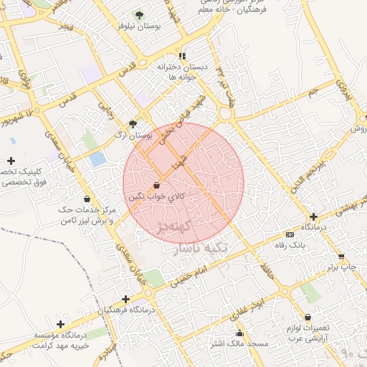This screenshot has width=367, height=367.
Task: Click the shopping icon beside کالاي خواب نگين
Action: [x=156, y=185]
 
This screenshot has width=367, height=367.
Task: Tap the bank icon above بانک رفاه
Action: [x=290, y=234]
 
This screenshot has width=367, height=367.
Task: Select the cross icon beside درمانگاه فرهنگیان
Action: [x=125, y=299]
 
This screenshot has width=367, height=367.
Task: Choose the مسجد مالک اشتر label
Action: [x=239, y=344]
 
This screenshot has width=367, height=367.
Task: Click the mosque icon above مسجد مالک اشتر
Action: [x=239, y=333]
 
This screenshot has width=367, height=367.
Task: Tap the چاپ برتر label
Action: [x=342, y=267]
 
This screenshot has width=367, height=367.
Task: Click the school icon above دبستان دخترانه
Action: [x=182, y=56]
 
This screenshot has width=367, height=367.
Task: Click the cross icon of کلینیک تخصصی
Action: [x=11, y=161]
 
